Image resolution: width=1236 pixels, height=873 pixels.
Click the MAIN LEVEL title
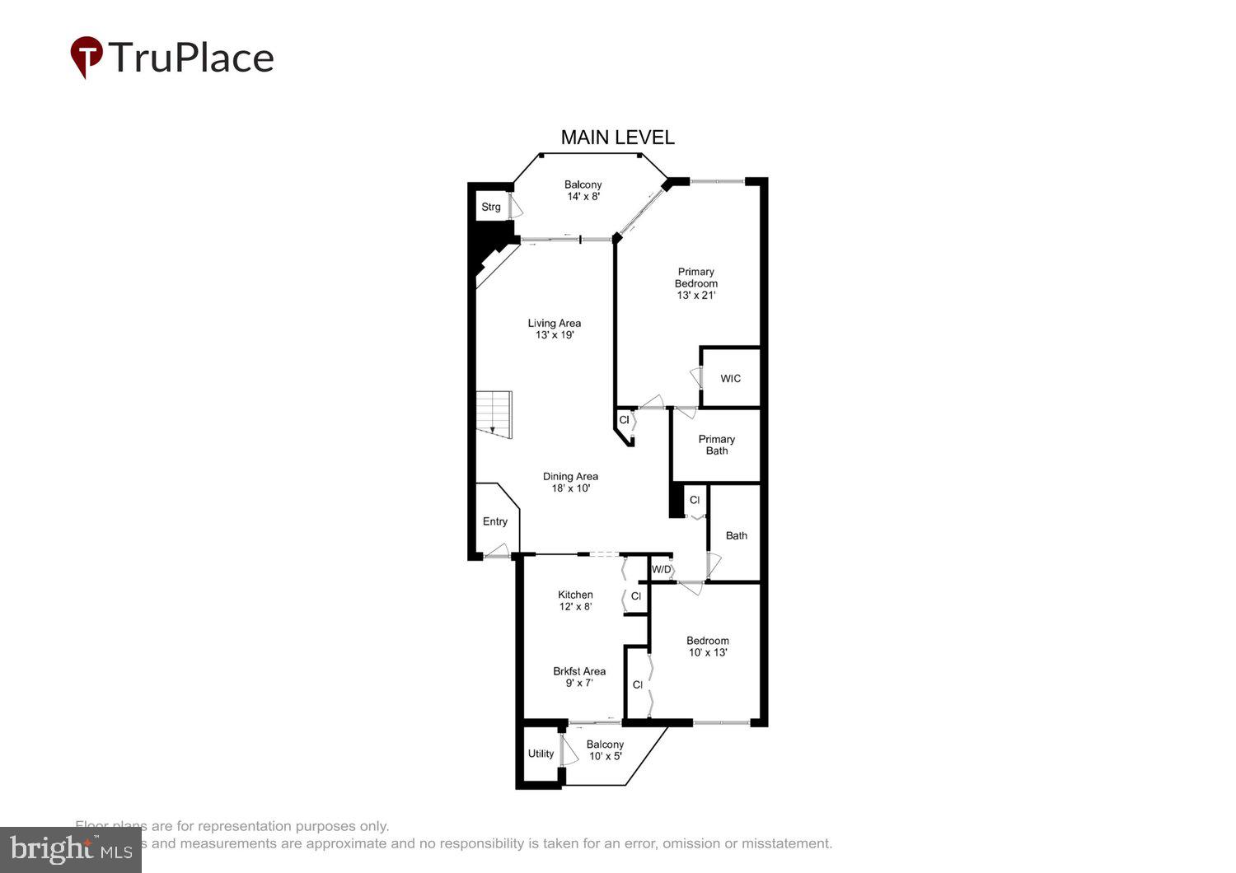click(617, 138)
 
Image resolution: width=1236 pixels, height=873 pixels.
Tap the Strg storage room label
click(491, 207)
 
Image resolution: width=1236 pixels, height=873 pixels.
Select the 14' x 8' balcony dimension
click(583, 197)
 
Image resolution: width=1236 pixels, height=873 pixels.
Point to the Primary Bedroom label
click(695, 278)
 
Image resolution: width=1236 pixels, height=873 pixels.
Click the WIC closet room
click(730, 379)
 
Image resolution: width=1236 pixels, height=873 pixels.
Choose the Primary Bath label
click(716, 445)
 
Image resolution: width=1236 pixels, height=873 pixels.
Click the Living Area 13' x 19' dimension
click(555, 335)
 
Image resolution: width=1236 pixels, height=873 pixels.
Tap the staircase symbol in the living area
click(494, 414)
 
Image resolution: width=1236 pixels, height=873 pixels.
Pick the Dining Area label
click(570, 476)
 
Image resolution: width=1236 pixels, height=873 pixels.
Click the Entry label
click(495, 521)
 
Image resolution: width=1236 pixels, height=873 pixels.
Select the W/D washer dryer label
click(662, 569)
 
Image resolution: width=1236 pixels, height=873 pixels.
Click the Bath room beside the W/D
click(736, 535)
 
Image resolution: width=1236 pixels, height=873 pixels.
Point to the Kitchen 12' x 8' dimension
click(575, 607)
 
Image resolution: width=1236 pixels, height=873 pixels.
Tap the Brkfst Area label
click(579, 671)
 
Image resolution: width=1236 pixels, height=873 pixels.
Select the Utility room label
click(541, 754)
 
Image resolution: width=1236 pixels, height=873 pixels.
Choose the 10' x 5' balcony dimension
click(606, 756)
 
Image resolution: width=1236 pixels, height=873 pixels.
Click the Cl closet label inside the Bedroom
click(638, 684)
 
